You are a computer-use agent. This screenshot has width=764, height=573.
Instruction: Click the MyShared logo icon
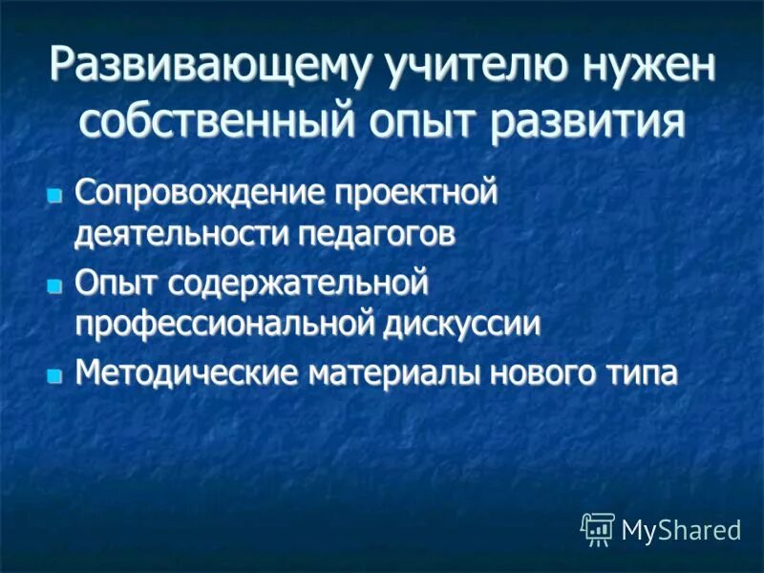click(597, 527)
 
